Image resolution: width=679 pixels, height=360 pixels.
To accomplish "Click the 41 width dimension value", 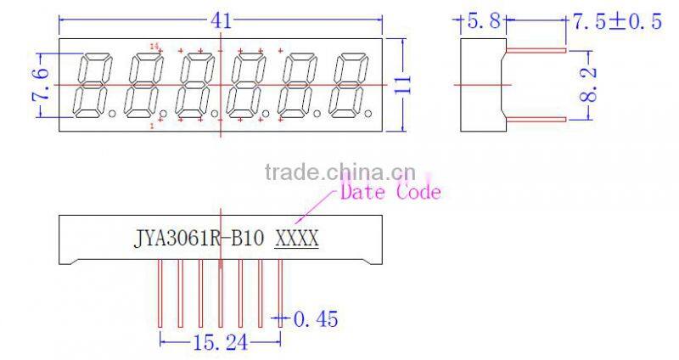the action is point(221,20).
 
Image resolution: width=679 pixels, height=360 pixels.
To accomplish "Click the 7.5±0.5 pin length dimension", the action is point(616,22).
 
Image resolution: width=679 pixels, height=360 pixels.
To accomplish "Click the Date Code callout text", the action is point(390,192).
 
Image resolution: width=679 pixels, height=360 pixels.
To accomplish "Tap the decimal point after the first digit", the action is point(112,113).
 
